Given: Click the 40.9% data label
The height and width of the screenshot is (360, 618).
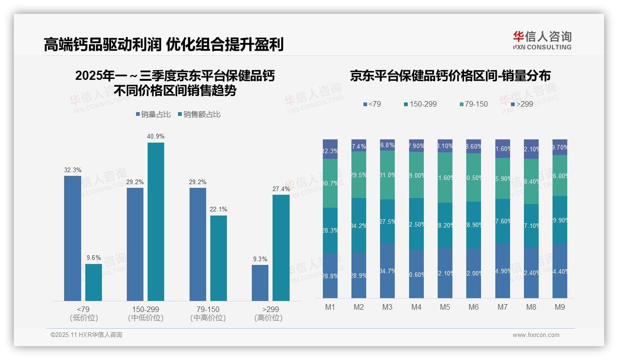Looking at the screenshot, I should [156, 137].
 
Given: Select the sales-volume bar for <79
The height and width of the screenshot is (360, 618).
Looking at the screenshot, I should [72, 238].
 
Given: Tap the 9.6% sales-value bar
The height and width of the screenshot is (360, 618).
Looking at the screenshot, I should [94, 282].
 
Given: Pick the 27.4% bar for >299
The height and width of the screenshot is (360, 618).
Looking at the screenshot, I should [281, 248].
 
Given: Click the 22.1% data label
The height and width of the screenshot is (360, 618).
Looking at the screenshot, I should [219, 210].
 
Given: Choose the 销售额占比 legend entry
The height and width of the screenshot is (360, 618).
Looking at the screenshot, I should [199, 114].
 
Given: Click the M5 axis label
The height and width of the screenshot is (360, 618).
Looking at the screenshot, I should [445, 307].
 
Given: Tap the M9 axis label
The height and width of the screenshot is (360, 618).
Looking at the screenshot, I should [559, 307].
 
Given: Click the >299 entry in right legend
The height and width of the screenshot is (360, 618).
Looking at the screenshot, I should [522, 104].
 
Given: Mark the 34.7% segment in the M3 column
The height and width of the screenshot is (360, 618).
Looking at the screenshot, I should [387, 270].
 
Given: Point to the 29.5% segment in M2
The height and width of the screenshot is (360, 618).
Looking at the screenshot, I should [358, 174].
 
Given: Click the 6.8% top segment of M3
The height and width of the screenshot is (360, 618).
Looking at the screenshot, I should [387, 145].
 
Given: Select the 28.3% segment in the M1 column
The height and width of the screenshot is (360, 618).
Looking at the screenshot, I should [330, 230].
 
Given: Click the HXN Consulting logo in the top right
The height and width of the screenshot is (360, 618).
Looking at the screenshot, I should [542, 40].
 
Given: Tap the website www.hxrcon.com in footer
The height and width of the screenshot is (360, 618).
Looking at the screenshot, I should [536, 335].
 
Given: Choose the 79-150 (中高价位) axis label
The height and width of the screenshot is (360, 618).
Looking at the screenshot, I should [208, 313].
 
